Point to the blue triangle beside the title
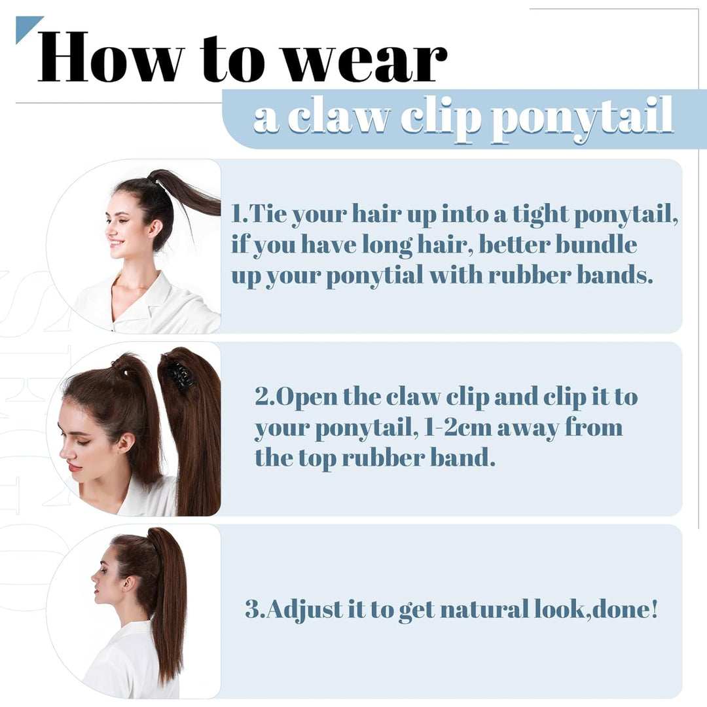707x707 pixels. click(26, 27)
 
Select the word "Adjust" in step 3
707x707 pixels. click(305, 610)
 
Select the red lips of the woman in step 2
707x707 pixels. click(74, 466)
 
